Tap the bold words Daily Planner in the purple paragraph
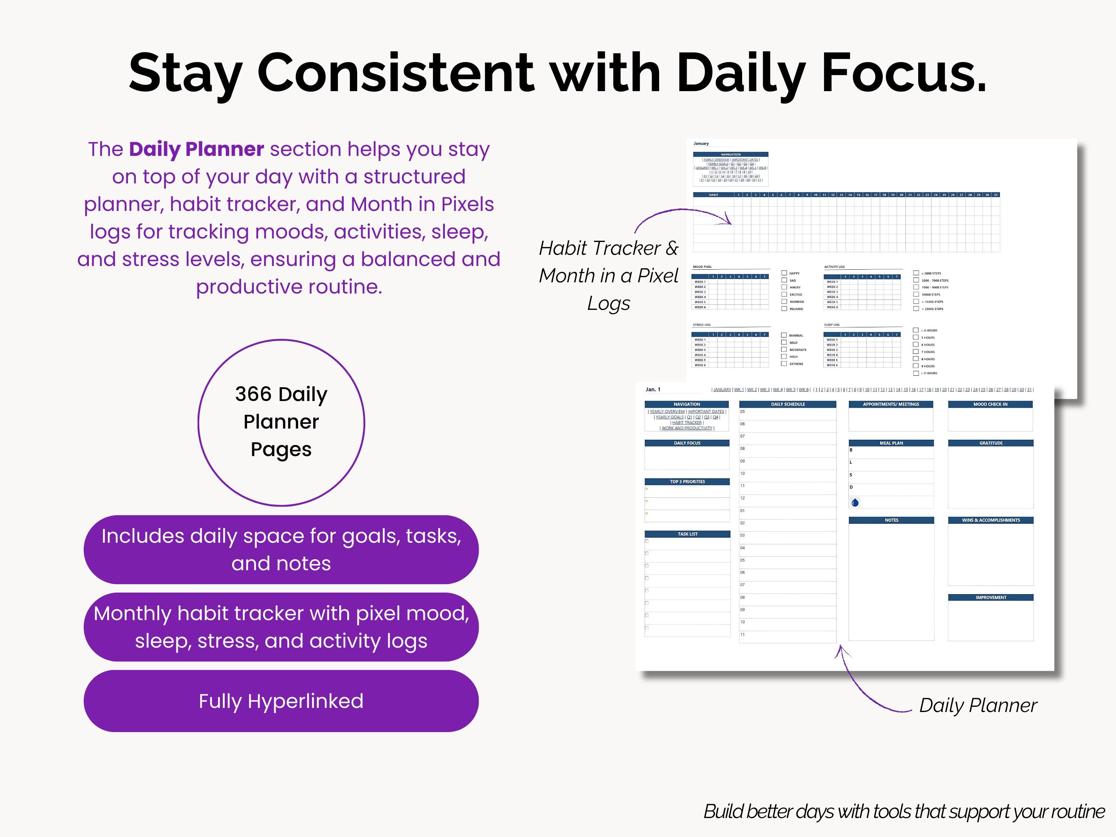pos(196,149)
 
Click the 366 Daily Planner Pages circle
pos(281,422)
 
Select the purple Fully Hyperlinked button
pos(281,701)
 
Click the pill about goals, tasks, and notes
pos(281,549)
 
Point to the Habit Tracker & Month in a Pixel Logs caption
pos(609,276)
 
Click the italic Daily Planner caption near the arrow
pos(977,705)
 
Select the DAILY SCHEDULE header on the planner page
pos(788,404)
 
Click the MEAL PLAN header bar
pos(891,443)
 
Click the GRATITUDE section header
pos(990,443)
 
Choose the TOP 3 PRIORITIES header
pos(687,481)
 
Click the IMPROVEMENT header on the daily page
pos(990,597)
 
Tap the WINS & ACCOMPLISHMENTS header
pos(990,520)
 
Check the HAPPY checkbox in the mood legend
pos(784,273)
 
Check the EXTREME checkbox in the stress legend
pos(784,363)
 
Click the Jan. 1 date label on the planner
pos(653,389)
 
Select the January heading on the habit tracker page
pos(701,143)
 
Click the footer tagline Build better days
pos(904,812)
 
